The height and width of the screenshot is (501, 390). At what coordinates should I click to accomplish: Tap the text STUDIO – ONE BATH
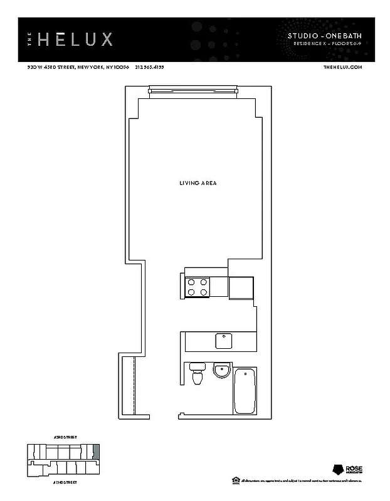pos(325,36)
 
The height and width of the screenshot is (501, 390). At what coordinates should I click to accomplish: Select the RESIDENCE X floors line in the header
pos(328,44)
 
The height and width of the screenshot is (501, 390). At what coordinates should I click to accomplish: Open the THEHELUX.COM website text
pos(342,68)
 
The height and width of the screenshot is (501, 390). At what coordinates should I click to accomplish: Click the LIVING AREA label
pos(198,183)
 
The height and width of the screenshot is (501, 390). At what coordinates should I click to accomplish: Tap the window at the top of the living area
pos(193,92)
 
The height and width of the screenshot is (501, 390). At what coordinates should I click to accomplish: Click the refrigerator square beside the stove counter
pos(241,287)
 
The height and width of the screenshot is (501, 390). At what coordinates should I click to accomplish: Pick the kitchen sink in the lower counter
pos(224,341)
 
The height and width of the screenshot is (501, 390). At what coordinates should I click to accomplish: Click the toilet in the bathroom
pos(198,374)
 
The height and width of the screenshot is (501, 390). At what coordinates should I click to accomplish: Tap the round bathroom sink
pos(221,370)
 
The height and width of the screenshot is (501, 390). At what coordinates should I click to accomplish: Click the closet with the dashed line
pos(129,385)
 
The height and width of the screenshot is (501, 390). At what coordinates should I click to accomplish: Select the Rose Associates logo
pos(342,470)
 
